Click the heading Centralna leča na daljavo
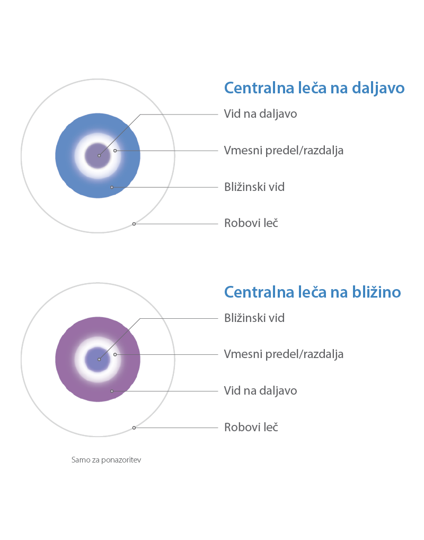pyautogui.click(x=314, y=88)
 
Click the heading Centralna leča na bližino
pyautogui.click(x=313, y=292)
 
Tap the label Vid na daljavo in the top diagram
pyautogui.click(x=261, y=114)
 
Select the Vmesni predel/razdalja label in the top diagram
pyautogui.click(x=284, y=151)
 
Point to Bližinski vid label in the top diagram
pyautogui.click(x=254, y=187)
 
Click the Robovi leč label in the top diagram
pyautogui.click(x=251, y=223)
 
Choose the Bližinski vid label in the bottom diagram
pyautogui.click(x=254, y=318)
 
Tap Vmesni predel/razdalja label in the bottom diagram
pyautogui.click(x=284, y=354)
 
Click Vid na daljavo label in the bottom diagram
pyautogui.click(x=261, y=391)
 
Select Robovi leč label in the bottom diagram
pyautogui.click(x=251, y=428)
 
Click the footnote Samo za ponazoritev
pyautogui.click(x=107, y=460)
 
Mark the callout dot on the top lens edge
pyautogui.click(x=134, y=224)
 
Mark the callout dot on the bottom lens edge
pyautogui.click(x=134, y=428)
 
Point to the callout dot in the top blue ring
pyautogui.click(x=112, y=187)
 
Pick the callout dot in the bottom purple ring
pyautogui.click(x=112, y=391)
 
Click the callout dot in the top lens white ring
pyautogui.click(x=115, y=151)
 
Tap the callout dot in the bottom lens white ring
pyautogui.click(x=115, y=354)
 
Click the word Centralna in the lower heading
pyautogui.click(x=259, y=292)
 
